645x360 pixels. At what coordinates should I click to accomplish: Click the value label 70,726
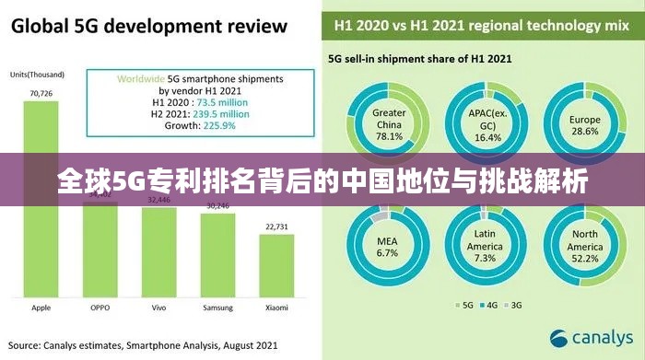[x=41, y=94]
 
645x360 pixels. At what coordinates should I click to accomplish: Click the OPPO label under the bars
[x=100, y=308]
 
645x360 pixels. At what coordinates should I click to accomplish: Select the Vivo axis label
[x=158, y=308]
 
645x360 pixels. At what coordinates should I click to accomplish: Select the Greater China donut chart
[x=389, y=124]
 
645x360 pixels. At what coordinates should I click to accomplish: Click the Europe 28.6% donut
[x=584, y=124]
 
